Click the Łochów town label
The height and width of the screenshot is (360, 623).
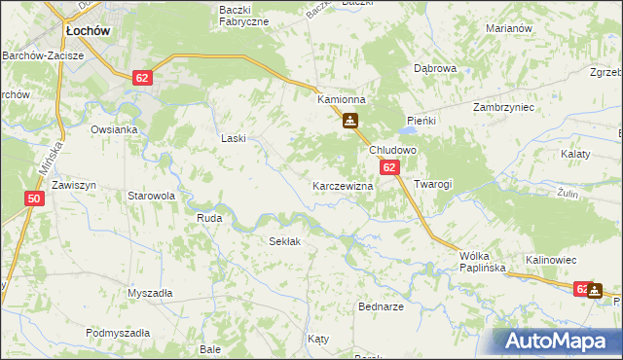87,31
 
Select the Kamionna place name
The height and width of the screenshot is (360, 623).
341,100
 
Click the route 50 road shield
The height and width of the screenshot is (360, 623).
35,198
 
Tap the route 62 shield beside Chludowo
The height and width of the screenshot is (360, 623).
389,168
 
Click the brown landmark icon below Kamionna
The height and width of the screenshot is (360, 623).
350,122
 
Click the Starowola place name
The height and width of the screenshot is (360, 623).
151,196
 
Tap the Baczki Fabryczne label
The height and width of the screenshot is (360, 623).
243,15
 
